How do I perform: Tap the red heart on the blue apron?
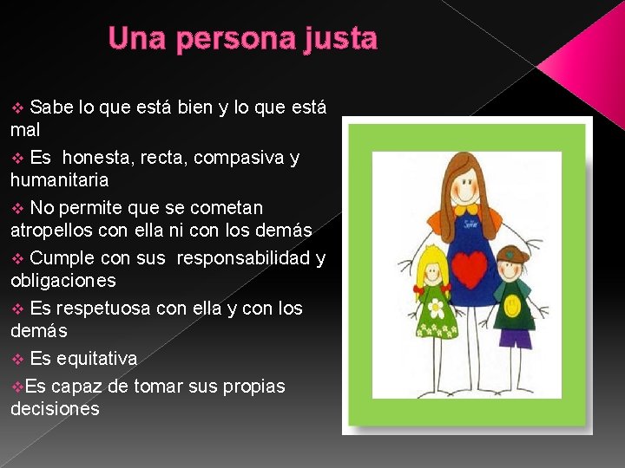468,270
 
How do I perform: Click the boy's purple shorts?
516,338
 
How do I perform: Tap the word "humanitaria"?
59,180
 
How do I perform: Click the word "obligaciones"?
62,281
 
